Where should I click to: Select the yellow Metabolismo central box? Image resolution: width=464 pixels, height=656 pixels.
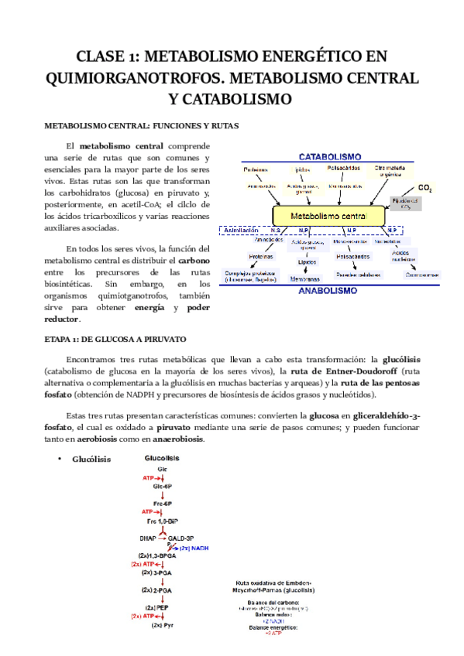click(328, 215)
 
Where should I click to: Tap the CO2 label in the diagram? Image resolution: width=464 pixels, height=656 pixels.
click(425, 188)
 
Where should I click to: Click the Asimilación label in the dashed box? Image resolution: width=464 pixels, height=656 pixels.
click(242, 231)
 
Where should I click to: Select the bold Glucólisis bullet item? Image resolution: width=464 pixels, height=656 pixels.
click(91, 459)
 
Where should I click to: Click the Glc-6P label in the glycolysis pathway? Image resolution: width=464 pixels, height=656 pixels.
click(162, 486)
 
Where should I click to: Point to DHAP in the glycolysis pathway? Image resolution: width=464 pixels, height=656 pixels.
click(148, 538)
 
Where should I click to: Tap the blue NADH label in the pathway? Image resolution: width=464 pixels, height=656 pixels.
click(195, 548)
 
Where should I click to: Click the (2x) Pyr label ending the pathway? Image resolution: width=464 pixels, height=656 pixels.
click(162, 624)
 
